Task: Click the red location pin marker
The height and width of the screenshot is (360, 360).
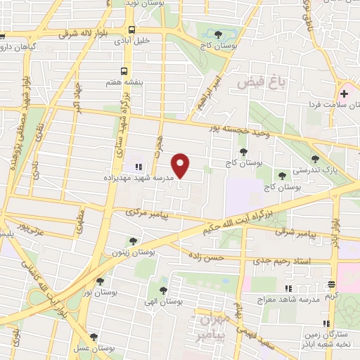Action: pyautogui.click(x=181, y=166)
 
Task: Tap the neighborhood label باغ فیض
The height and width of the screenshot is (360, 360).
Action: pyautogui.click(x=253, y=82)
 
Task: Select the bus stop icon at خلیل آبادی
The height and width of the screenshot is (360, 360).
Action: pyautogui.click(x=132, y=30)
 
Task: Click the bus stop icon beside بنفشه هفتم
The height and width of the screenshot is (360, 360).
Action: pyautogui.click(x=124, y=71)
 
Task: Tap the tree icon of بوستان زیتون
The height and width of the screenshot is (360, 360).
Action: pyautogui.click(x=133, y=241)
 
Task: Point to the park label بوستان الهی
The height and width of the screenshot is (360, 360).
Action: pyautogui.click(x=166, y=301)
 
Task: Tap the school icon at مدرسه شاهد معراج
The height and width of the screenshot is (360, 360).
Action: pyautogui.click(x=287, y=288)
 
